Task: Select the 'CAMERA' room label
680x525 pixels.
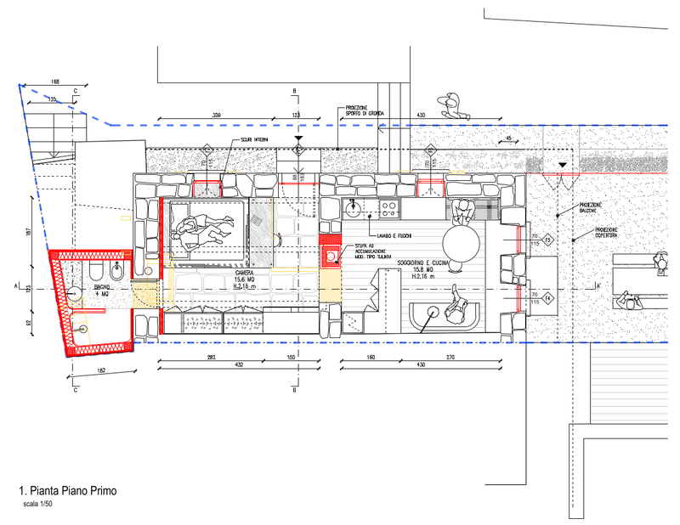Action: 220,274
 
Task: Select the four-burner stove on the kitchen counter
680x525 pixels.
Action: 388,206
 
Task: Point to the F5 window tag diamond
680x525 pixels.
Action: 548,240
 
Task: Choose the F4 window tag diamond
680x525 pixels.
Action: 548,297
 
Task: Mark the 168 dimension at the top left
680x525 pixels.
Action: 55,82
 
